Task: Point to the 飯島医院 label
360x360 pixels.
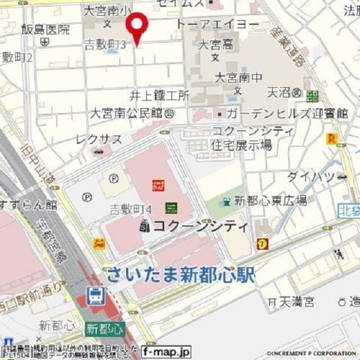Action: coord(45,30)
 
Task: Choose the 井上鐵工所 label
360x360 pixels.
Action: coord(158,95)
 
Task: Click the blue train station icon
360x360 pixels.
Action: coord(95,296)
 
